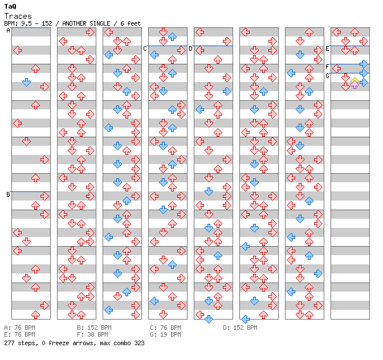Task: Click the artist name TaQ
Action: coord(10,6)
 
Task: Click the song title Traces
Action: coord(18,16)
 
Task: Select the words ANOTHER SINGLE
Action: coord(86,23)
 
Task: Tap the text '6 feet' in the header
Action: coord(131,23)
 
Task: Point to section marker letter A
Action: coord(8,30)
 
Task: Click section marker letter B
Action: coord(8,194)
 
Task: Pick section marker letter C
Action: coord(145,48)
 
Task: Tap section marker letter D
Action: coord(190,48)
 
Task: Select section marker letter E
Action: coord(327,48)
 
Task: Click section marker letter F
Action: coord(327,67)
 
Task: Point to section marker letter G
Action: coord(327,76)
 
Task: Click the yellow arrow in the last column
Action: coord(355,80)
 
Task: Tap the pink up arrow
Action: coord(355,85)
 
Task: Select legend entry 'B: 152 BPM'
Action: coord(94,328)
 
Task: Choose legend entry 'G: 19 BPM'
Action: coord(166,334)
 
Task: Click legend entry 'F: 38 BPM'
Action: coord(92,334)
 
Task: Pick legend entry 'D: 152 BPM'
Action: coord(240,328)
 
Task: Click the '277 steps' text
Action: coord(21,343)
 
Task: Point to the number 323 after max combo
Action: coord(139,343)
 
